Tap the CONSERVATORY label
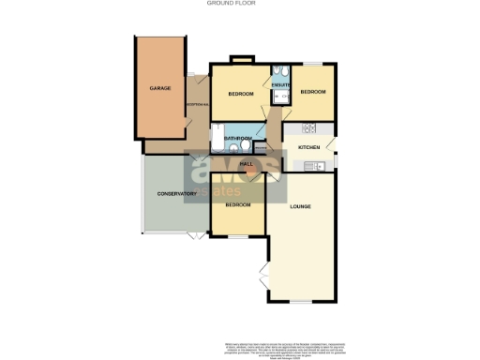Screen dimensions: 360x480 176,194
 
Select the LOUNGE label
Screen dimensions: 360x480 300,205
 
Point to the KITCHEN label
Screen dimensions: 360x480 309,148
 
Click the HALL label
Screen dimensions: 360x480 247,165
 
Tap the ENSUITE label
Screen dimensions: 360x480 280,85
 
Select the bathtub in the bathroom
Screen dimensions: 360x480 217,139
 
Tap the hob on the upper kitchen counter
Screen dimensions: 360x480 308,128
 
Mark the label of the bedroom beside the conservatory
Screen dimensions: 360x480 237,204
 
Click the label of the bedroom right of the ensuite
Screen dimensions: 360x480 312,92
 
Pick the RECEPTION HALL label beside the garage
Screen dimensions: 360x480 197,104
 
